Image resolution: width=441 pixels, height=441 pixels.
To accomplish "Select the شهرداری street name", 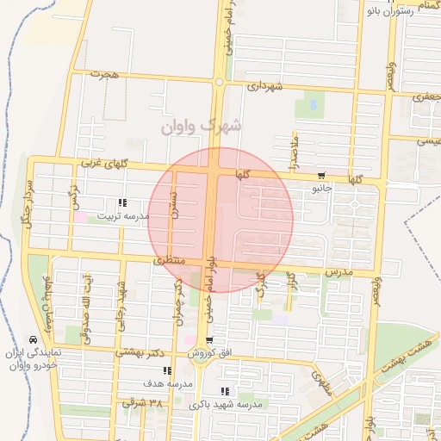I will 264,86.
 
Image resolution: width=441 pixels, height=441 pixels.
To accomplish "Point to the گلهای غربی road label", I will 103,163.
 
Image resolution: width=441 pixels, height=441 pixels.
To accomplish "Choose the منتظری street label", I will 170,258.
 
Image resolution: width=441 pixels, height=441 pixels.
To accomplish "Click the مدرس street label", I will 339,271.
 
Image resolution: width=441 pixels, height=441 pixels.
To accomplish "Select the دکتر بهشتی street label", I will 140,352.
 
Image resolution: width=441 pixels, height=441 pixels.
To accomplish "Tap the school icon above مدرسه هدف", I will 167,371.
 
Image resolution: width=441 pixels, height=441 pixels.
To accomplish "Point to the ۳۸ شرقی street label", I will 142,402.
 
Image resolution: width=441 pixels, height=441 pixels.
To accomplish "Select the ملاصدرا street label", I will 294,150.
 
